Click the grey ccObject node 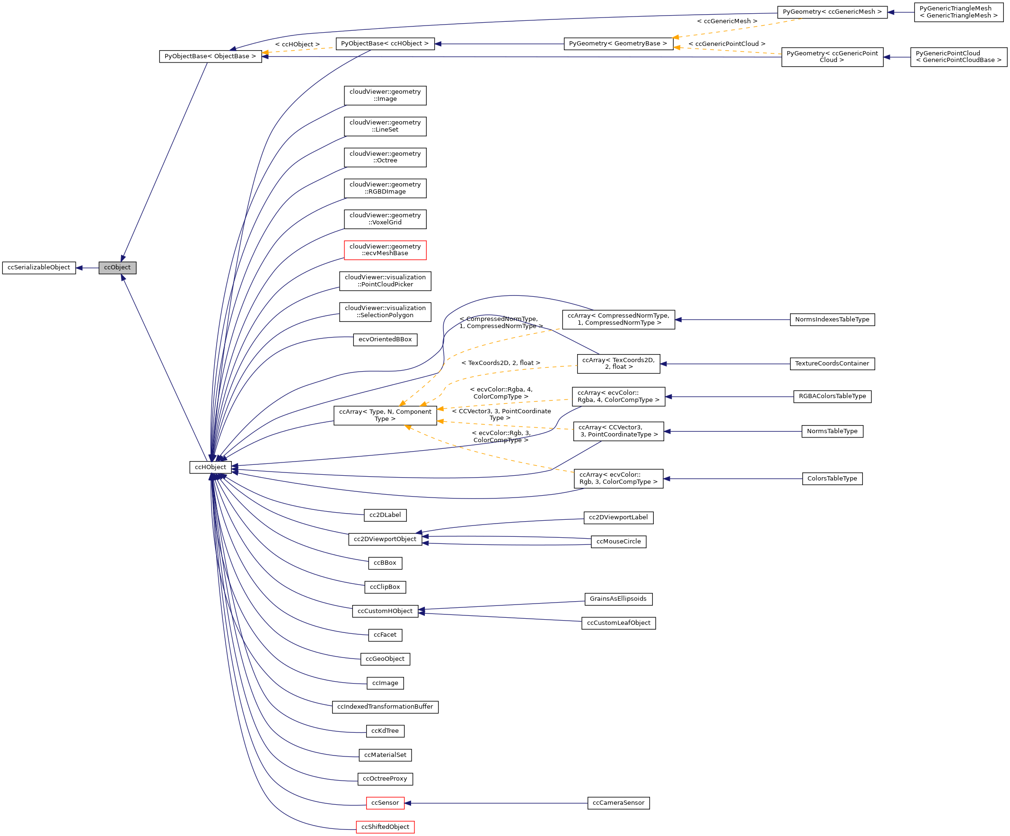[117, 267]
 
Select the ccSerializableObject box [39, 267]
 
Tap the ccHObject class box [210, 467]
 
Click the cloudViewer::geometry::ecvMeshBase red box [385, 250]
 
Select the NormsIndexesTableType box [832, 320]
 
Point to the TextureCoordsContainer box [832, 364]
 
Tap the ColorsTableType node [832, 479]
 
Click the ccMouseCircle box [618, 542]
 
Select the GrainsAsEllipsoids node [618, 599]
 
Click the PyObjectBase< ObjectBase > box [210, 56]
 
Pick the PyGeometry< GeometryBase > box [617, 44]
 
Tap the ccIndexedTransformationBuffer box [385, 707]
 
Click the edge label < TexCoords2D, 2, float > [500, 363]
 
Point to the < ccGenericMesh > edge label [727, 21]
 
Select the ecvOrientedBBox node [385, 339]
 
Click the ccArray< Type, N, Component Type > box [385, 415]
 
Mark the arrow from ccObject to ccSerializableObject [87, 267]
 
